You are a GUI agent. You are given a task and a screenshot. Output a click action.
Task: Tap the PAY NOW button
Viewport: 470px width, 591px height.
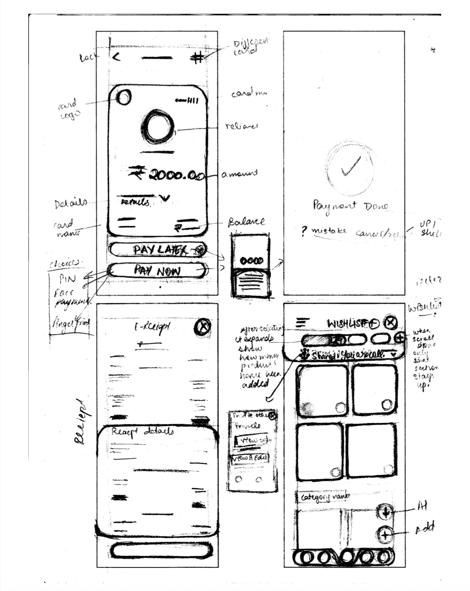coord(157,271)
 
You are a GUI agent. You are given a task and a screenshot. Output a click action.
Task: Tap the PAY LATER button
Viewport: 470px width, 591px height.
coord(157,250)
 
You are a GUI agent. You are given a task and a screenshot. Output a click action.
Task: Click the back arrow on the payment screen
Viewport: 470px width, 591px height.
coord(116,57)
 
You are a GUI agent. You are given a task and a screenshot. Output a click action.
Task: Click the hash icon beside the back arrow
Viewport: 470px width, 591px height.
coord(198,58)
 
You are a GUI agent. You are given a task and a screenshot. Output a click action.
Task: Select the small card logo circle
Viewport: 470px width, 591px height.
coord(124,97)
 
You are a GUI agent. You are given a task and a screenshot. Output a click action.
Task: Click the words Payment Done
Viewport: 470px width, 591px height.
coord(350,206)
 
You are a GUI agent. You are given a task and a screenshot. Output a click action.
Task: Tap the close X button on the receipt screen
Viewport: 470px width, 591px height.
coord(202,327)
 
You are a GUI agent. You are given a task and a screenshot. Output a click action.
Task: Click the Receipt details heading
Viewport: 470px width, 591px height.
coord(142,432)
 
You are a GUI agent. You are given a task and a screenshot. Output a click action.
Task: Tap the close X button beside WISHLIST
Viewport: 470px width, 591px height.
coord(390,323)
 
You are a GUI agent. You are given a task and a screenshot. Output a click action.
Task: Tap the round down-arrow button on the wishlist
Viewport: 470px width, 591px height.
coord(385,512)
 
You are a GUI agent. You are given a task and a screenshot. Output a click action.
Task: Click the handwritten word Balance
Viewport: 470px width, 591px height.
coord(246,222)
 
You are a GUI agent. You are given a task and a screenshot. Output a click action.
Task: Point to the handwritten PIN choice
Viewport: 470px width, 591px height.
coord(67,279)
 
